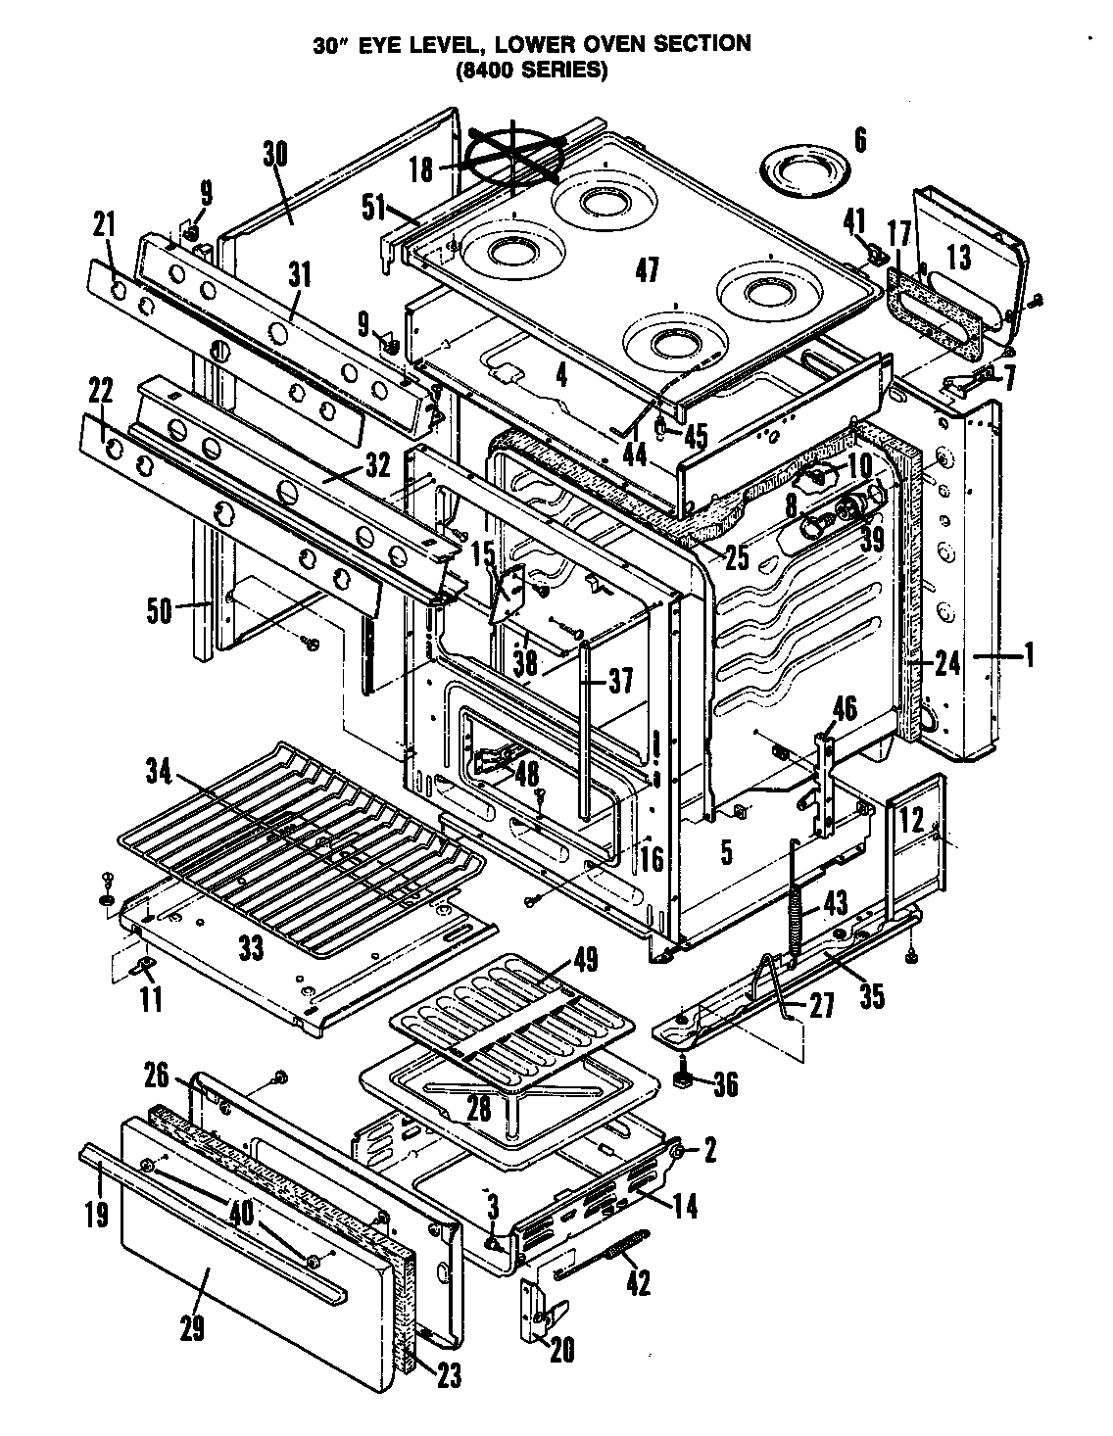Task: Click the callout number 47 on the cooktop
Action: (x=647, y=269)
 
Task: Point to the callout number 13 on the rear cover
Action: (x=959, y=258)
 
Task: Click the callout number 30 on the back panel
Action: (x=275, y=155)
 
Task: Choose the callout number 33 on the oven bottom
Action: (x=252, y=947)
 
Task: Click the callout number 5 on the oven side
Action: (x=726, y=851)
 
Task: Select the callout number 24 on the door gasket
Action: (x=946, y=664)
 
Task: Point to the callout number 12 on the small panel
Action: (x=911, y=820)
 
